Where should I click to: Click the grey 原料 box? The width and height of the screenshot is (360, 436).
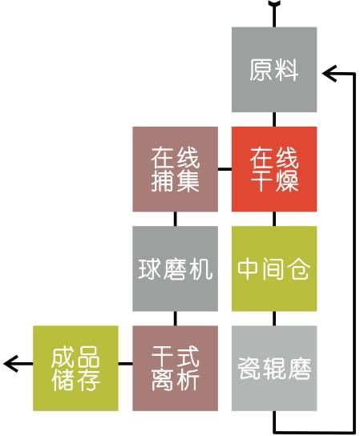(x=274, y=70)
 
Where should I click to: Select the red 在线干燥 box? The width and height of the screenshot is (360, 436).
(x=274, y=169)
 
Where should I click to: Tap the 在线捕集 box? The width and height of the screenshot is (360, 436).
(x=175, y=169)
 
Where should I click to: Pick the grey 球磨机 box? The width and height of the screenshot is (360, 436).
(x=175, y=268)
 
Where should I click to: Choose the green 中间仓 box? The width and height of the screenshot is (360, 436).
(x=274, y=268)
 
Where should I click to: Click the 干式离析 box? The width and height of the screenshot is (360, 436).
(x=175, y=368)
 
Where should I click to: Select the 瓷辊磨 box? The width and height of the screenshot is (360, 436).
(x=274, y=368)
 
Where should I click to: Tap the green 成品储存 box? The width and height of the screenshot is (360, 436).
(x=75, y=368)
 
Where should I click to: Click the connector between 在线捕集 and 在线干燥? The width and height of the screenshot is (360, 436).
(x=224, y=169)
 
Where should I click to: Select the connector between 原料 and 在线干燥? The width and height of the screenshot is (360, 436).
(x=274, y=119)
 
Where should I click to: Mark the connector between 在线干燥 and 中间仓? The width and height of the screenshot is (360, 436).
(x=274, y=219)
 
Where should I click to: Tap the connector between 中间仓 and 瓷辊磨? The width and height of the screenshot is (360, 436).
(x=274, y=318)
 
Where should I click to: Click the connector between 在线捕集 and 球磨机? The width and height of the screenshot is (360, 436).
(x=175, y=219)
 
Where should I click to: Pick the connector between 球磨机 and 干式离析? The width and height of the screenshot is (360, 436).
(x=175, y=318)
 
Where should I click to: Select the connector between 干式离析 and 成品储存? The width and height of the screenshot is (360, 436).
(x=125, y=363)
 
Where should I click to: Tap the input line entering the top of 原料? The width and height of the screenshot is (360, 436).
(x=274, y=14)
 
